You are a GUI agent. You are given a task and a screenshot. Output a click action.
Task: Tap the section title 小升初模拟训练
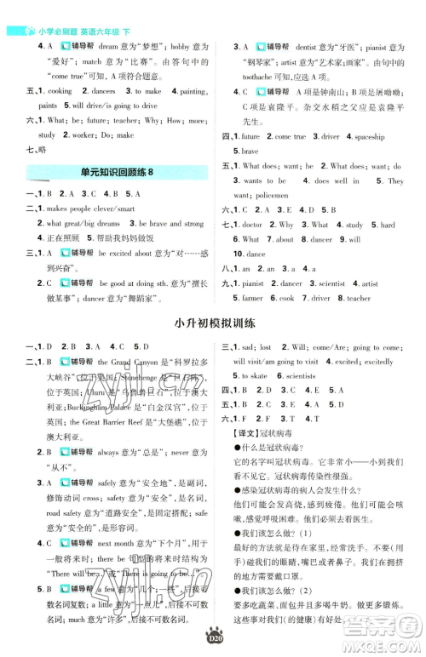213,323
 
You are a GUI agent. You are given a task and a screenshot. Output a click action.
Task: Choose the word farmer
252,299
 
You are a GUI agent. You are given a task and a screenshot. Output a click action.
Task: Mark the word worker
74,135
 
